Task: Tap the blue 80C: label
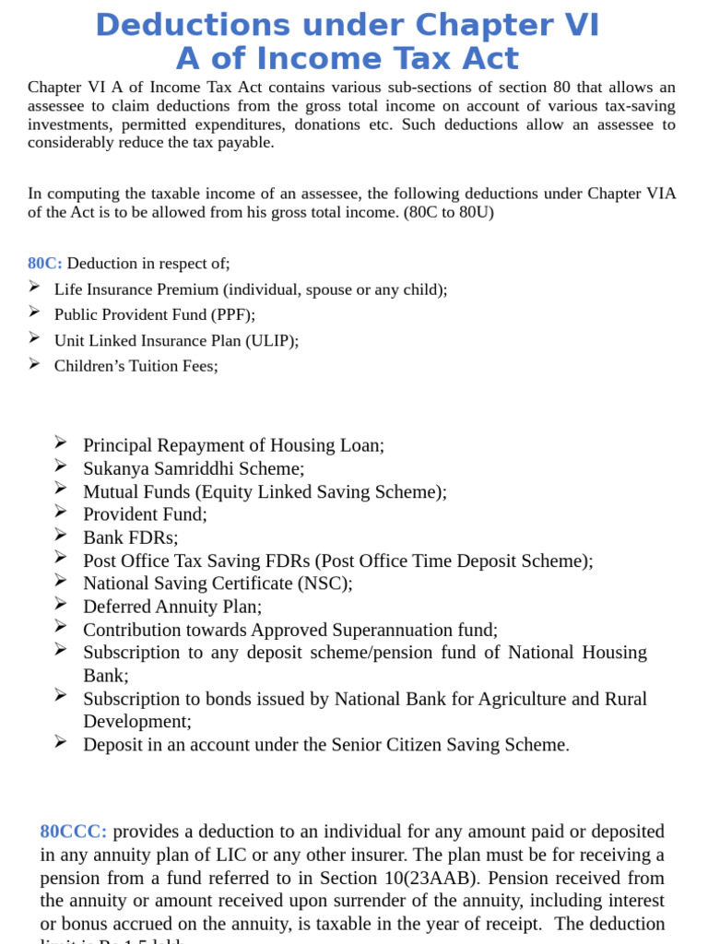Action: coord(44,264)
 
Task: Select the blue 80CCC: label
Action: coord(73,832)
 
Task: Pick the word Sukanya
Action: coord(115,468)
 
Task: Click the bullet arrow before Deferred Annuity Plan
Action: coord(61,605)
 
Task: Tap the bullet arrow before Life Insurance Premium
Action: coord(34,287)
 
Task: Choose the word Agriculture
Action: coord(523,699)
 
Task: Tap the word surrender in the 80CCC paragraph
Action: coord(387,901)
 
